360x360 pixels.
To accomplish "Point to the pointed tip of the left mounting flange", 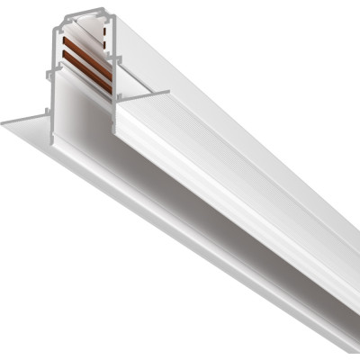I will click(x=4, y=121).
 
